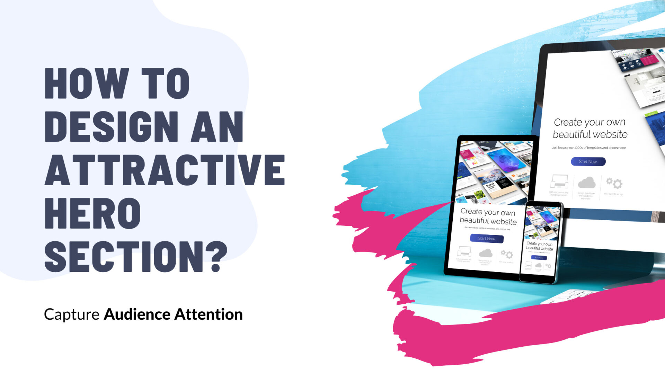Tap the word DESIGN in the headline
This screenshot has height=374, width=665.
[111, 127]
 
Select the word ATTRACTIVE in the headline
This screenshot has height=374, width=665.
[165, 170]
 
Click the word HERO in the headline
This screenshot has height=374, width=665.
[92, 213]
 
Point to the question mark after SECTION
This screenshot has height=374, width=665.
[218, 257]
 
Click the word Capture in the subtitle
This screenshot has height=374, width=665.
[72, 314]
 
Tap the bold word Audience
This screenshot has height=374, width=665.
[137, 314]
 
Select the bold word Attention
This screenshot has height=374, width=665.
[209, 314]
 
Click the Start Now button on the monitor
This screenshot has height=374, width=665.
[588, 162]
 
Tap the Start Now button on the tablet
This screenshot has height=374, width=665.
[487, 239]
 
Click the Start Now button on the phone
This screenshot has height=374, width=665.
[539, 258]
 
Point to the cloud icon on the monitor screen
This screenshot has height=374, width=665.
[587, 183]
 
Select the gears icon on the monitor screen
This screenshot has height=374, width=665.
[614, 182]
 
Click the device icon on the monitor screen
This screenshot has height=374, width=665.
[559, 181]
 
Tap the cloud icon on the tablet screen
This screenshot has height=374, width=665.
[486, 253]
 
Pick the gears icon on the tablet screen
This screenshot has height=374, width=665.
[507, 255]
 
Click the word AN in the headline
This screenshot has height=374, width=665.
[217, 127]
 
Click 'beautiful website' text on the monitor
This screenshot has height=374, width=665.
[590, 134]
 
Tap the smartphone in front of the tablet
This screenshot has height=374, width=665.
[541, 242]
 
